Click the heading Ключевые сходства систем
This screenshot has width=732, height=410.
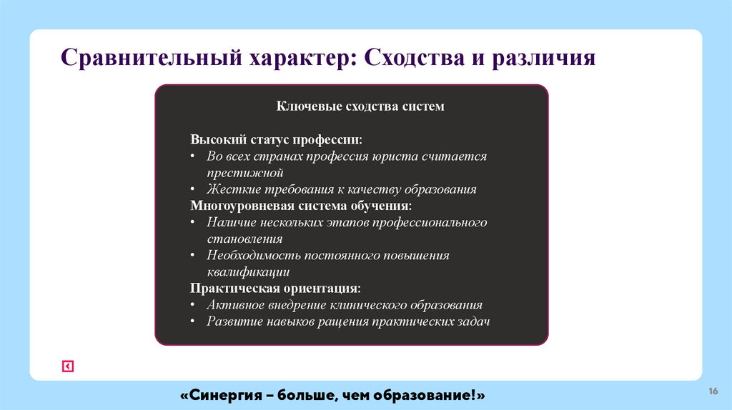(x=360, y=106)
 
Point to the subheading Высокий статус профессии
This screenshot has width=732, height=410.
(x=276, y=139)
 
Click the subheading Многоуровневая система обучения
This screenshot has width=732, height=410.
(x=301, y=206)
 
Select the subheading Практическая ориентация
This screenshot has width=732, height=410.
(x=275, y=289)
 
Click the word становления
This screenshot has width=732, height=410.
(x=244, y=239)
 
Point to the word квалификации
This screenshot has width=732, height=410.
(x=248, y=272)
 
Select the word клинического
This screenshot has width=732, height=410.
(x=367, y=305)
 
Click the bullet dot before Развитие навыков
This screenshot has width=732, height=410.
(x=194, y=321)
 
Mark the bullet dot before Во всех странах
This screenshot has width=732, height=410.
(x=194, y=156)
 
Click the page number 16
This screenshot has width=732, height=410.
(x=713, y=391)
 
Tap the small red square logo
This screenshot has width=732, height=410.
(x=67, y=366)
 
